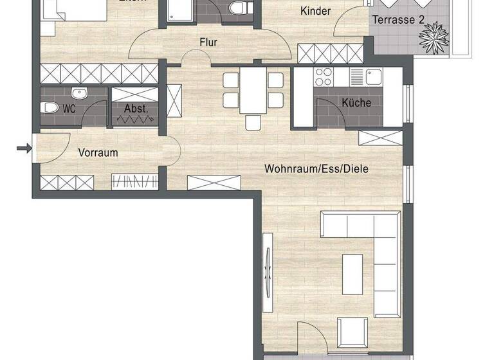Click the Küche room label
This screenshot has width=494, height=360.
click(x=356, y=103)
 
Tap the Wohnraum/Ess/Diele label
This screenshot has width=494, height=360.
click(x=316, y=169)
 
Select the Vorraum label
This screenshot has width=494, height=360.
click(x=98, y=153)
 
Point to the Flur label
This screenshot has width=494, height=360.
click(x=208, y=43)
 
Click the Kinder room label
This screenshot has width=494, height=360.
click(x=316, y=11)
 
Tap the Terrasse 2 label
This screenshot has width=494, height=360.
click(x=398, y=20)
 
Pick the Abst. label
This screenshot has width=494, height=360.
click(x=136, y=109)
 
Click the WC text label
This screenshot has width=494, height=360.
click(x=69, y=109)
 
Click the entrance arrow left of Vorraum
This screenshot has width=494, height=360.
click(x=24, y=149)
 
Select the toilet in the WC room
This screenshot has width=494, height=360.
click(x=51, y=108)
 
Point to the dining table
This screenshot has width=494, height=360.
click(x=252, y=91)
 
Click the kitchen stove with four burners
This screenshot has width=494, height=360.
click(x=322, y=77)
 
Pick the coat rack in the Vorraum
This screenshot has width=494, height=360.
click(x=134, y=182)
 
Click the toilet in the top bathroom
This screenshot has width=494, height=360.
click(x=237, y=10)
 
